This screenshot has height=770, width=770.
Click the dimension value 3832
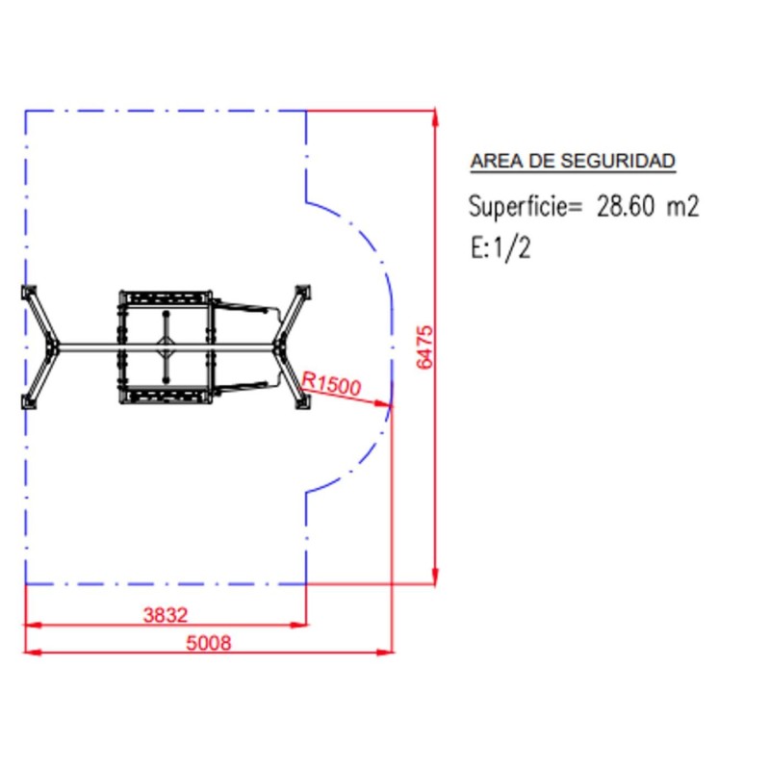[x=166, y=614]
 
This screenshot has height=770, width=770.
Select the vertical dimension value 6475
[x=425, y=347]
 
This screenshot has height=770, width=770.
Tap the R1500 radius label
[x=331, y=383]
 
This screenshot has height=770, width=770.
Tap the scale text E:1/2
[x=500, y=248]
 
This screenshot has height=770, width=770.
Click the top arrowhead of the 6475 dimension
[x=436, y=117]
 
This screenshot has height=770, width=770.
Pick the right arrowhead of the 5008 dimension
[x=387, y=653]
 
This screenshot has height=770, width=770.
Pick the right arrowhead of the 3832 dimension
[x=300, y=625]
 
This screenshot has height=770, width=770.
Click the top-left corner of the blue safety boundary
[x=26, y=112]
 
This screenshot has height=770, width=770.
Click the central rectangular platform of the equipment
[x=166, y=346]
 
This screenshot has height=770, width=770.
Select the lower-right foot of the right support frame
[x=302, y=402]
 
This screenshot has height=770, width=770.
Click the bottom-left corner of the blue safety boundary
[x=26, y=583]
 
